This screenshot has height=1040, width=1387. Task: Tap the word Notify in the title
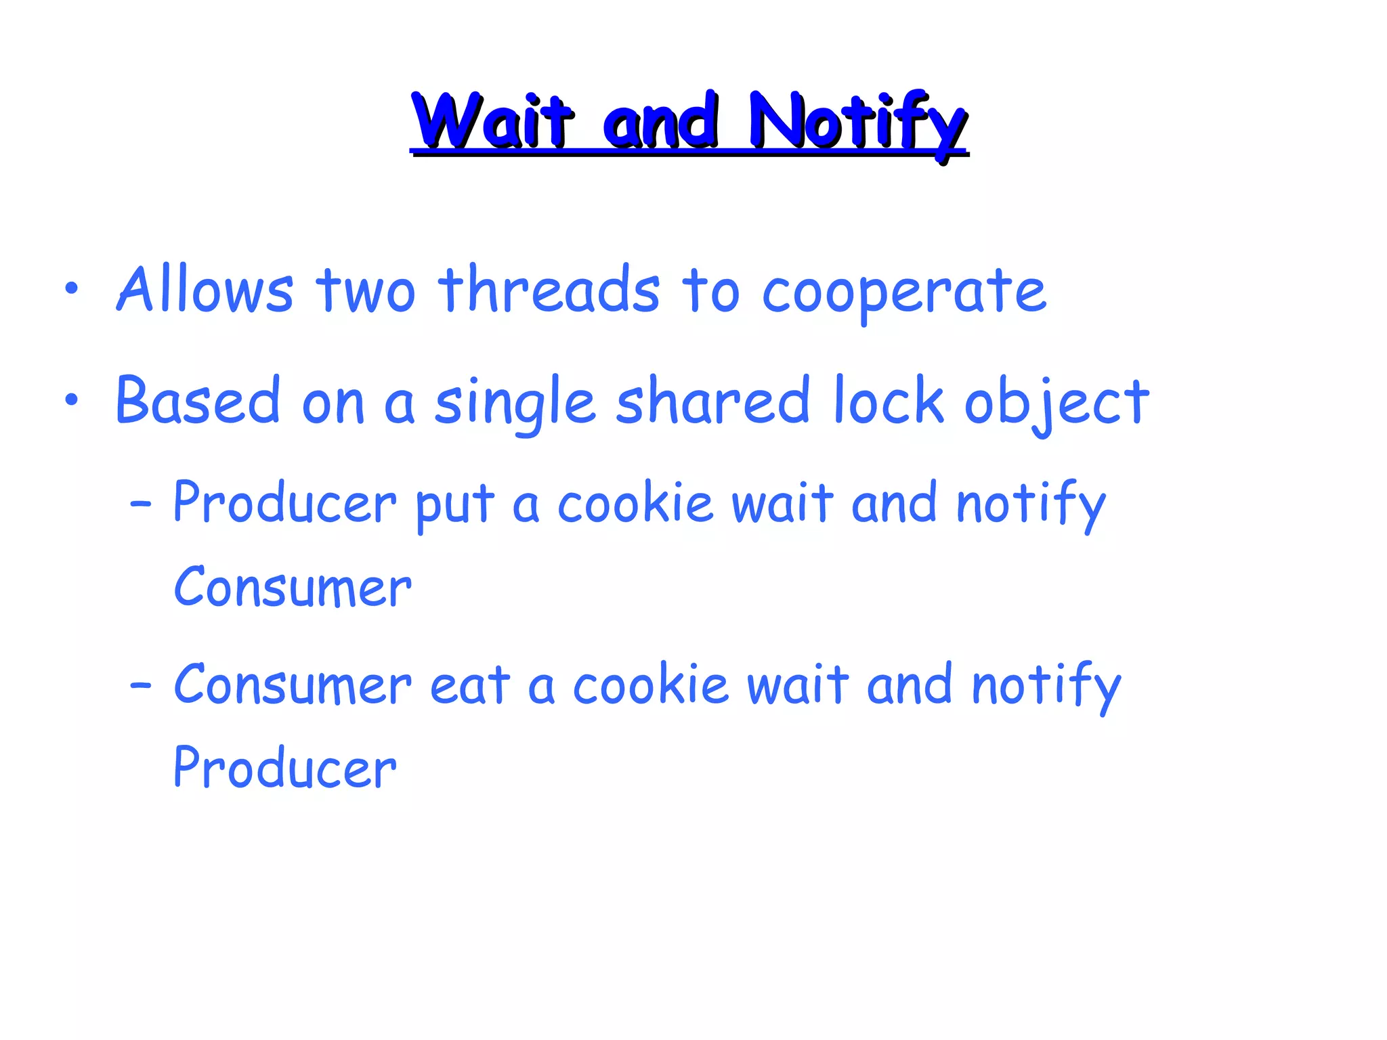pyautogui.click(x=857, y=122)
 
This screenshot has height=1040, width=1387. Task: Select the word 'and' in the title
pyautogui.click(x=660, y=122)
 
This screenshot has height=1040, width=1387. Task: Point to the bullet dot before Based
pyautogui.click(x=72, y=400)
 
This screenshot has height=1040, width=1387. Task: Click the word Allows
pyautogui.click(x=205, y=290)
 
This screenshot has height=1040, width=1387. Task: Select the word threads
pyautogui.click(x=549, y=290)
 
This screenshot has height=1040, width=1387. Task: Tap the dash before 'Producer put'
pyautogui.click(x=140, y=504)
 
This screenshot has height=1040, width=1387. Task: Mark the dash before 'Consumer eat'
pyautogui.click(x=140, y=686)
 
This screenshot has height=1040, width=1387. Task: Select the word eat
pyautogui.click(x=470, y=685)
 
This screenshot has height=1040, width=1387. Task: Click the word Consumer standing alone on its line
pyautogui.click(x=293, y=587)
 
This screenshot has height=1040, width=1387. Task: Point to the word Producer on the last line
pyautogui.click(x=284, y=768)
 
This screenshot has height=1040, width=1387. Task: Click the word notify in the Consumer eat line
pyautogui.click(x=1046, y=686)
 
